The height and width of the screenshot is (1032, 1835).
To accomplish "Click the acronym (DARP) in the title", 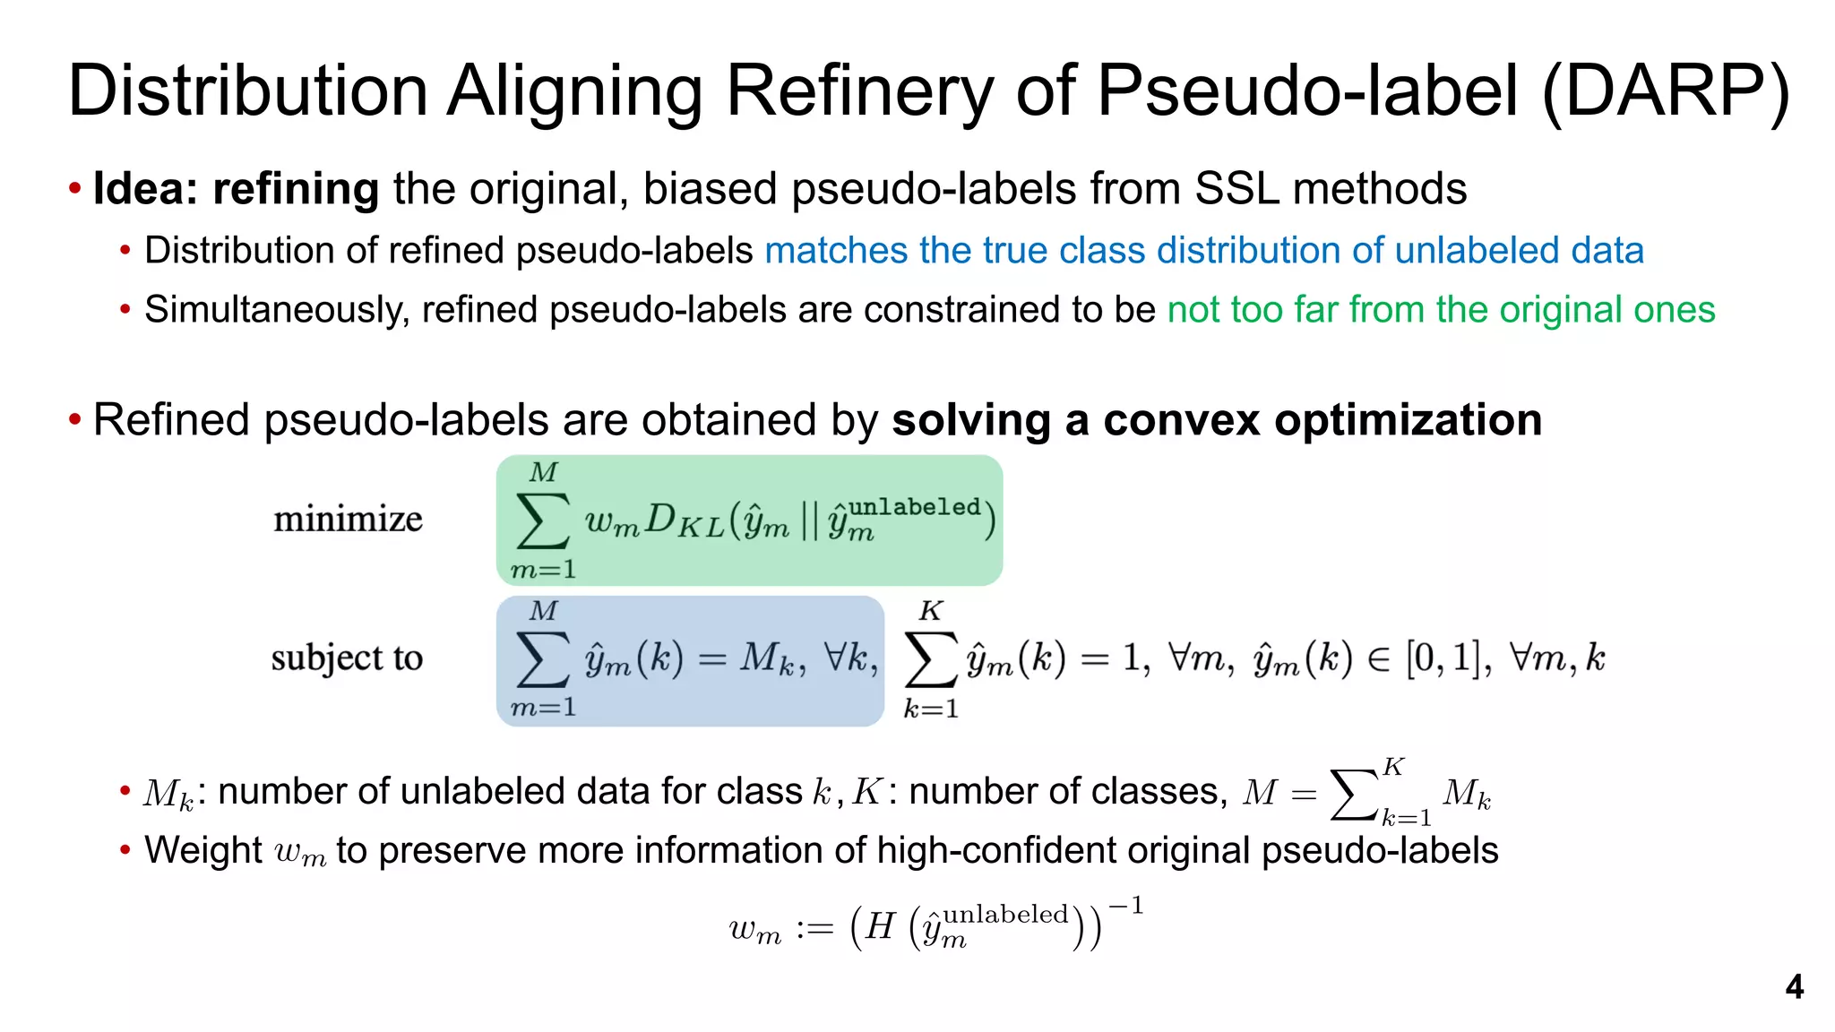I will (1665, 91).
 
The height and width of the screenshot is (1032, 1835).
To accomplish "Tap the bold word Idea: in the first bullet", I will (146, 189).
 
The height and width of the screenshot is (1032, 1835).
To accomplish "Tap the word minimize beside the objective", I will (348, 520).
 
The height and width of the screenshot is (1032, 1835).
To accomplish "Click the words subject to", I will (347, 658).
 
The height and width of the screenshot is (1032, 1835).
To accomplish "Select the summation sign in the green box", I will (543, 520).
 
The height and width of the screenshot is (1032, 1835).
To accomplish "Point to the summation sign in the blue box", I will (543, 659).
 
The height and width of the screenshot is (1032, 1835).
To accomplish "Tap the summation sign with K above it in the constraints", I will (931, 660).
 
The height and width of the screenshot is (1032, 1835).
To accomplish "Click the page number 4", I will (1794, 987).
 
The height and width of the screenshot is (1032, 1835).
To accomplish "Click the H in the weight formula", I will (881, 926).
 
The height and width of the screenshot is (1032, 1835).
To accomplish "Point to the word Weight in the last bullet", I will (203, 850).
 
